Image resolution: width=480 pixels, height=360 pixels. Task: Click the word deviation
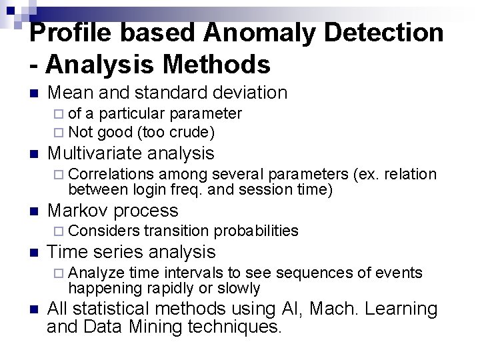point(246,93)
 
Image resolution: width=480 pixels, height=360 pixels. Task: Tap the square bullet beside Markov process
point(35,211)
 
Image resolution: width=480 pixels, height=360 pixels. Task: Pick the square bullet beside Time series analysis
point(35,253)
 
